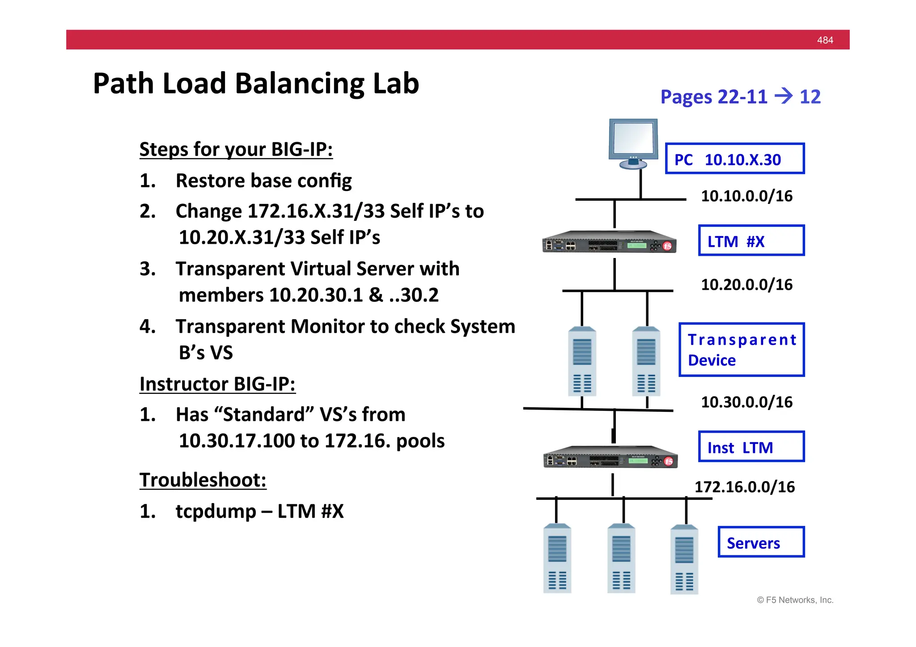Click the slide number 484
(825, 40)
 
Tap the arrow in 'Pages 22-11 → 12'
(783, 96)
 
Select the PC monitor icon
(633, 143)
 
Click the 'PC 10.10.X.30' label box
(734, 159)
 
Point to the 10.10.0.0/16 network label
(746, 196)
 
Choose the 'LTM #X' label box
(751, 241)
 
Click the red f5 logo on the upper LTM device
(667, 246)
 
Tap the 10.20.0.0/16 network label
(746, 284)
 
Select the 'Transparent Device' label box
(741, 350)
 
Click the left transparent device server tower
(582, 361)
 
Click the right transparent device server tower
(646, 361)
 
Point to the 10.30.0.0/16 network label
(746, 402)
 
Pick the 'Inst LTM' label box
(751, 447)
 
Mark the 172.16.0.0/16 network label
(745, 487)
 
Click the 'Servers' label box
(761, 542)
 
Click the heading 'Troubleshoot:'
(203, 480)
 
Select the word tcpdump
(216, 512)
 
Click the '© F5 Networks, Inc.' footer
(795, 600)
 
